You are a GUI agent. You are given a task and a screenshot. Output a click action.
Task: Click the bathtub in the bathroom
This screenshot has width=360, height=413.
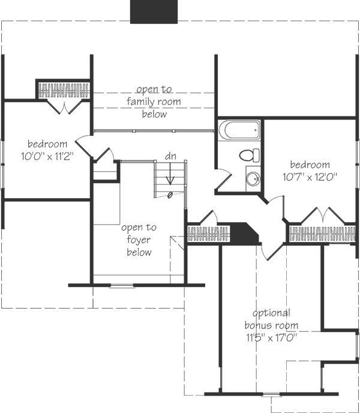coord(239,130)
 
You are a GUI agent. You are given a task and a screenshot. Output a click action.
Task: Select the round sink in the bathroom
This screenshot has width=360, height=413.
coord(253,178)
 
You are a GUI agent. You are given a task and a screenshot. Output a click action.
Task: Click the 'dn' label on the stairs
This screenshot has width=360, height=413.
coord(172,156)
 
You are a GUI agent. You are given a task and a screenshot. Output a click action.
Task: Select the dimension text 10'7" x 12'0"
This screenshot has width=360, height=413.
coord(310,177)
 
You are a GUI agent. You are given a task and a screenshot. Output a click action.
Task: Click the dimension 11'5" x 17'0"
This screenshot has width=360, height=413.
coord(272,336)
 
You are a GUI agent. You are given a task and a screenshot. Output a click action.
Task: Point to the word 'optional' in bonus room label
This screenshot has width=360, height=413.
coord(272,313)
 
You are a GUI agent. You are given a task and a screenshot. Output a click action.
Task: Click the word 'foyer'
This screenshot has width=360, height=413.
coord(139,240)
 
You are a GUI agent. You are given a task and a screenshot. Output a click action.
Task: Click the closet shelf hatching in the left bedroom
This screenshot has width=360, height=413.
coord(64,91)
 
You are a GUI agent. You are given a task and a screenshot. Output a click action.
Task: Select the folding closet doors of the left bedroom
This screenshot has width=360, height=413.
coord(64,107)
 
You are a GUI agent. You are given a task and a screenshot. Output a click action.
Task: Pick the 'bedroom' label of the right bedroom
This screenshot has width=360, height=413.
coord(310,164)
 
